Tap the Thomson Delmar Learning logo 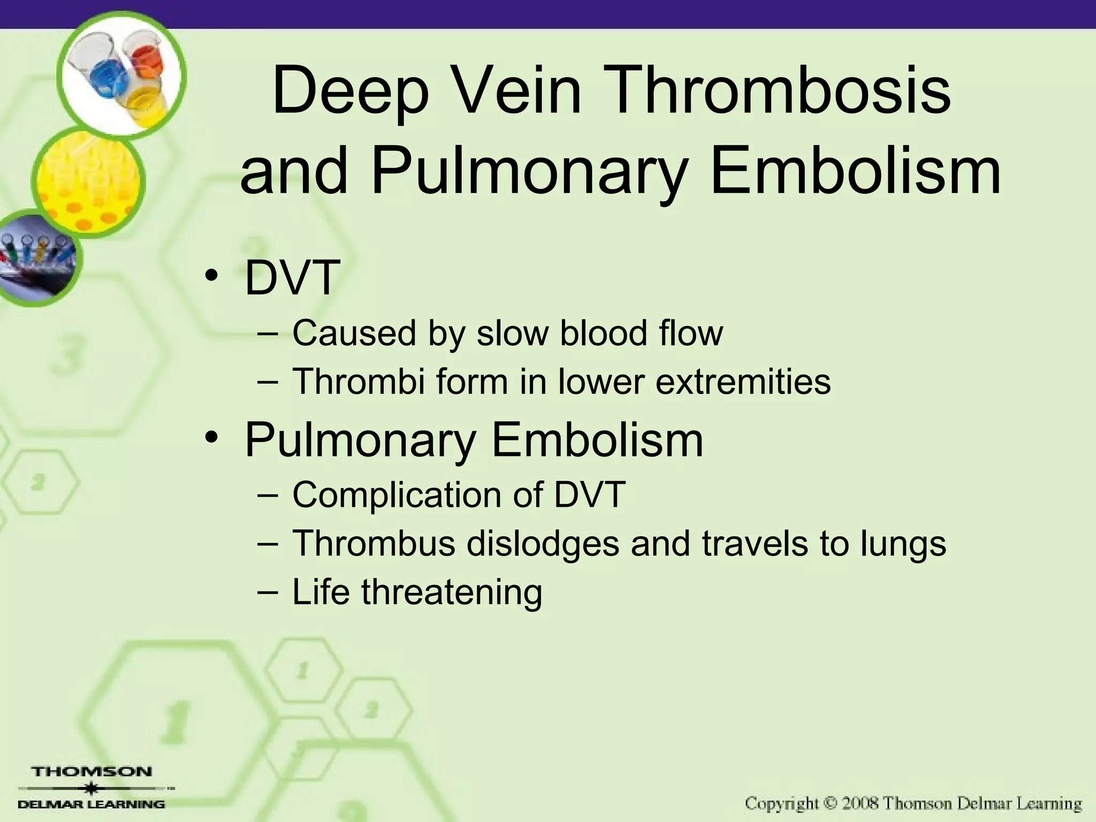[x=92, y=788]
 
